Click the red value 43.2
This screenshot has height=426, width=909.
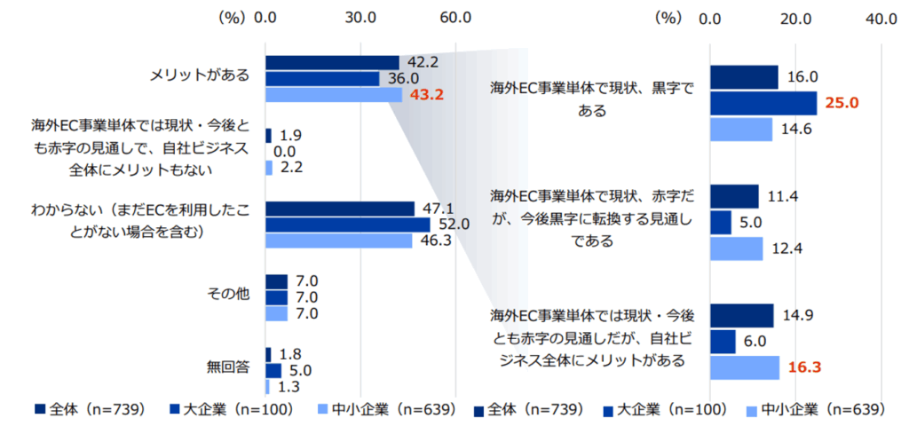pos(423,94)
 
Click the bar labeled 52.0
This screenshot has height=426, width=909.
pos(347,225)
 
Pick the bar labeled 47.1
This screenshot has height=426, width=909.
pos(339,209)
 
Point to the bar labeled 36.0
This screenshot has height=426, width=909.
pos(322,78)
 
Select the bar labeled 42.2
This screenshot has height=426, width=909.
pos(332,62)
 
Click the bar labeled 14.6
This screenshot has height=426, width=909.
pos(741,129)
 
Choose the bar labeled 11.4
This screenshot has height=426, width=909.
pos(734,195)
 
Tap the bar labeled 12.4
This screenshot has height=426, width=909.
pos(736,248)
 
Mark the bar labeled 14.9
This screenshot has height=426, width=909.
pos(742,315)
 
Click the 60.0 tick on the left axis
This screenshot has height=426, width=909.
pos(454,18)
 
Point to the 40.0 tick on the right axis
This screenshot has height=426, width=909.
pos(881,18)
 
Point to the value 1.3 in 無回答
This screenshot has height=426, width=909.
pos(287,387)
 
